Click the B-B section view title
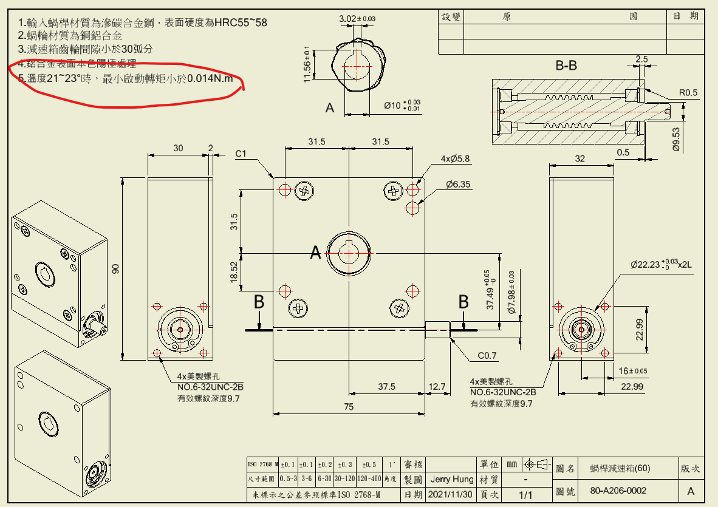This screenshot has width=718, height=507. (566, 65)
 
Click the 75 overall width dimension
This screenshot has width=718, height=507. (349, 407)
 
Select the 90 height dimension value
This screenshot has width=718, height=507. (115, 268)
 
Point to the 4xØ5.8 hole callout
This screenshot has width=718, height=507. (455, 159)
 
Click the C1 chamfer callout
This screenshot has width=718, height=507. (241, 154)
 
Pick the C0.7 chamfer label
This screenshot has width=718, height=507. (487, 355)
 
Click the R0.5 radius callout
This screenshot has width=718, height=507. (689, 93)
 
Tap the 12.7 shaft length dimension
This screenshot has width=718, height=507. (437, 386)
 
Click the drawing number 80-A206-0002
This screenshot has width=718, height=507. (618, 490)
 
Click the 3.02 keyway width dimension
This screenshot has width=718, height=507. (357, 19)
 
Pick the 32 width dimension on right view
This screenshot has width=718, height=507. (580, 158)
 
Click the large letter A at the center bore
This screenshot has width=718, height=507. (315, 253)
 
